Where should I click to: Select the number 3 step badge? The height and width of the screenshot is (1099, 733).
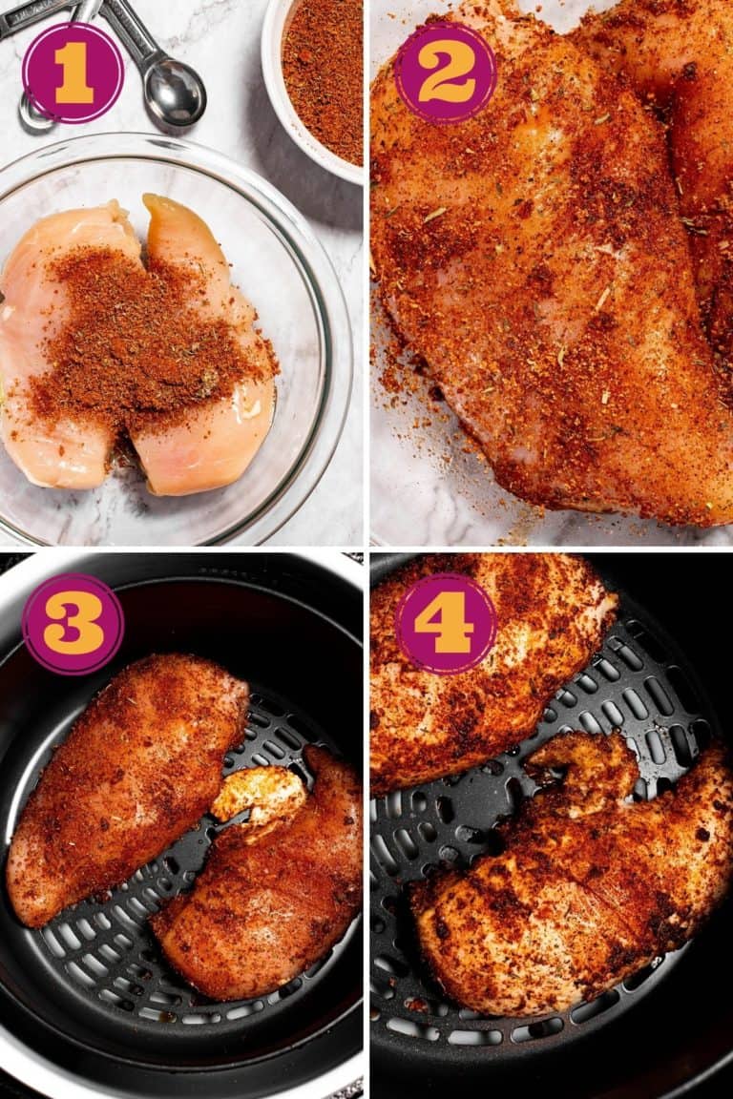coord(73,624)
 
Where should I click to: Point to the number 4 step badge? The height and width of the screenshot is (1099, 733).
coord(445,624)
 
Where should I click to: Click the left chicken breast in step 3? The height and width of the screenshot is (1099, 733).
coord(124,782)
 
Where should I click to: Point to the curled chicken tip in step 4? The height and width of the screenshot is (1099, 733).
coord(582,763)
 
